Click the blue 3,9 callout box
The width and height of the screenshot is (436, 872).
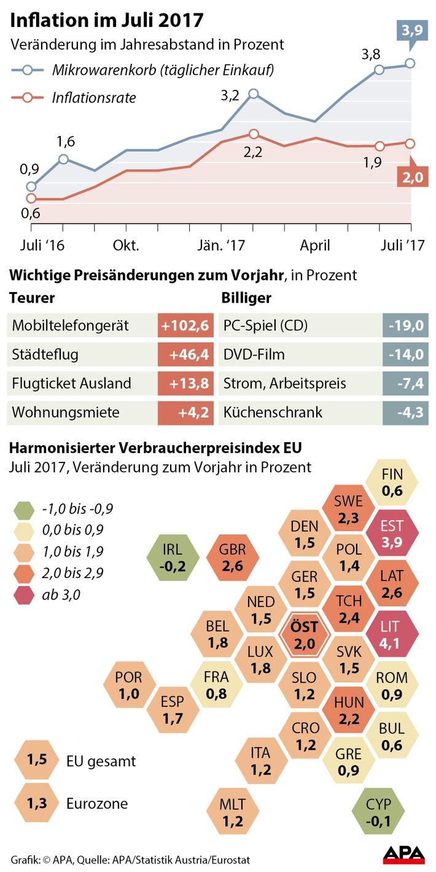click(410, 31)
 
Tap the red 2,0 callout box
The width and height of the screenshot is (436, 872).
click(410, 178)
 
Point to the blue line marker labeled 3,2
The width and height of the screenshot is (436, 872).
click(254, 94)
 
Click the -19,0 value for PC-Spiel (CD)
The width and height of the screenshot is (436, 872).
click(405, 326)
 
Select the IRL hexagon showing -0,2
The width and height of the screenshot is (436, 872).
click(173, 557)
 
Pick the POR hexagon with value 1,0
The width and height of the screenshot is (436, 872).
click(128, 686)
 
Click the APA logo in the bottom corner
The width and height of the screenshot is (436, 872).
click(404, 855)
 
